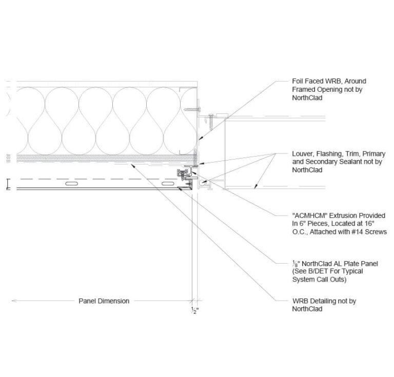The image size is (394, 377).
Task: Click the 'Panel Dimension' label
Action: pyautogui.click(x=104, y=301)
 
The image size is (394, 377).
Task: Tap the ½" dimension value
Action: pyautogui.click(x=194, y=310)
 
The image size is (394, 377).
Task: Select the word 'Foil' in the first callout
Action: pyautogui.click(x=298, y=82)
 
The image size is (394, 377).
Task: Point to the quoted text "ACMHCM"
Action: pyautogui.click(x=310, y=215)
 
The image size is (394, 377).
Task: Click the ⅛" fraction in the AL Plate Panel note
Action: pyautogui.click(x=294, y=264)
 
